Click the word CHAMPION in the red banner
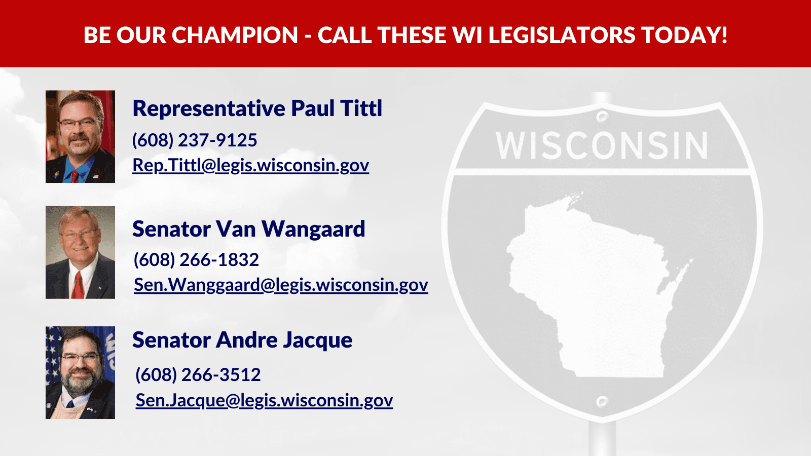(235, 35)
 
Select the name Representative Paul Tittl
(257, 108)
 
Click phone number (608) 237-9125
(195, 140)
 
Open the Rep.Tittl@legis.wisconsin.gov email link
(251, 165)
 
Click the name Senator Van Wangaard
(249, 229)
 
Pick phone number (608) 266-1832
(196, 260)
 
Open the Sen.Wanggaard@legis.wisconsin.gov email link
(281, 285)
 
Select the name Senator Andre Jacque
(242, 340)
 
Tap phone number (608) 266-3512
(198, 374)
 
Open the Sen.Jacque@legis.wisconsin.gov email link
(264, 400)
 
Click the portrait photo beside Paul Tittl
(81, 136)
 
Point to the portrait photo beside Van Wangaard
(81, 253)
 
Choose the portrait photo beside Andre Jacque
(81, 373)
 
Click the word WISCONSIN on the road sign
(602, 145)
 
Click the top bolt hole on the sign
(602, 117)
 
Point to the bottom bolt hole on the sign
(602, 401)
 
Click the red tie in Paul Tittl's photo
(75, 177)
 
